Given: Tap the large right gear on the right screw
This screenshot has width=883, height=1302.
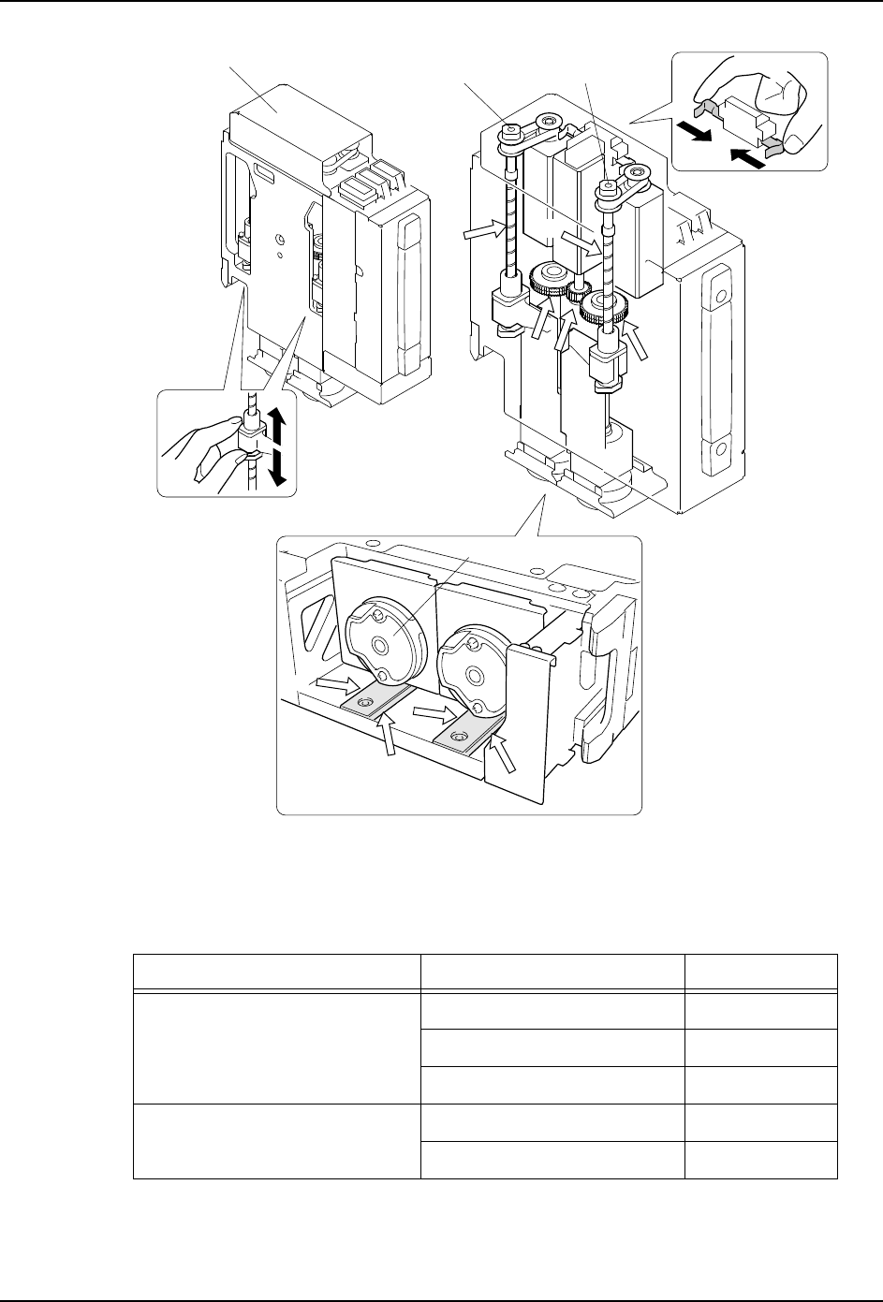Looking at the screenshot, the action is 601,305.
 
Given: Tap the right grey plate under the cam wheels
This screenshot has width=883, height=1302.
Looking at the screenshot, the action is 465,730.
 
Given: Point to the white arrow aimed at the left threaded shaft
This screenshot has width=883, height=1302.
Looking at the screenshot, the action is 482,234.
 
